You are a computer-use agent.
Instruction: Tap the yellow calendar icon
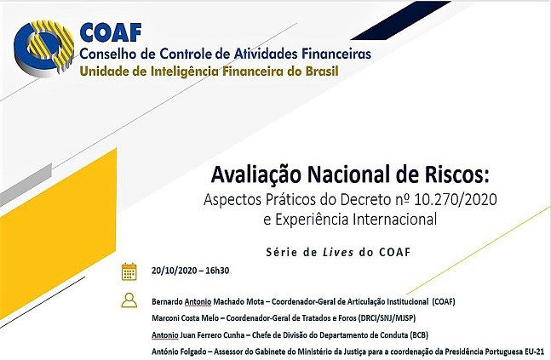pos(129,271)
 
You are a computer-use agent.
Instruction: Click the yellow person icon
pos(129,300)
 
